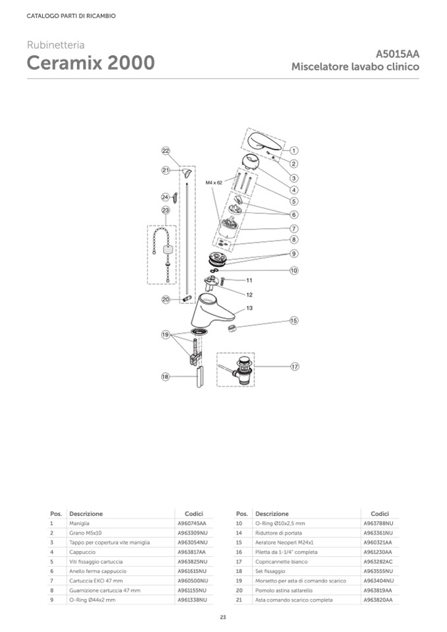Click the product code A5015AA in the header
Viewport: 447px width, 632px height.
[398, 54]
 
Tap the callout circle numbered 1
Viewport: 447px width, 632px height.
[294, 150]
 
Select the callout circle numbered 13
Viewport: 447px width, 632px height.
[250, 308]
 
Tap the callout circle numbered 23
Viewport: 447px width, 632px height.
[165, 210]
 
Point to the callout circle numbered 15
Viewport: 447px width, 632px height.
[294, 321]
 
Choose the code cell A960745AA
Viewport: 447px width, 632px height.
[192, 523]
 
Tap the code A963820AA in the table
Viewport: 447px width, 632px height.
[378, 600]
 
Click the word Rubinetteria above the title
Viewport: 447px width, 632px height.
[55, 45]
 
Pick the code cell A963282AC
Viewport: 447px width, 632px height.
[378, 561]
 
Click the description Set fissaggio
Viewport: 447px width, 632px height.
[270, 571]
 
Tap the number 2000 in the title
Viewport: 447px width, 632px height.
[131, 63]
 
